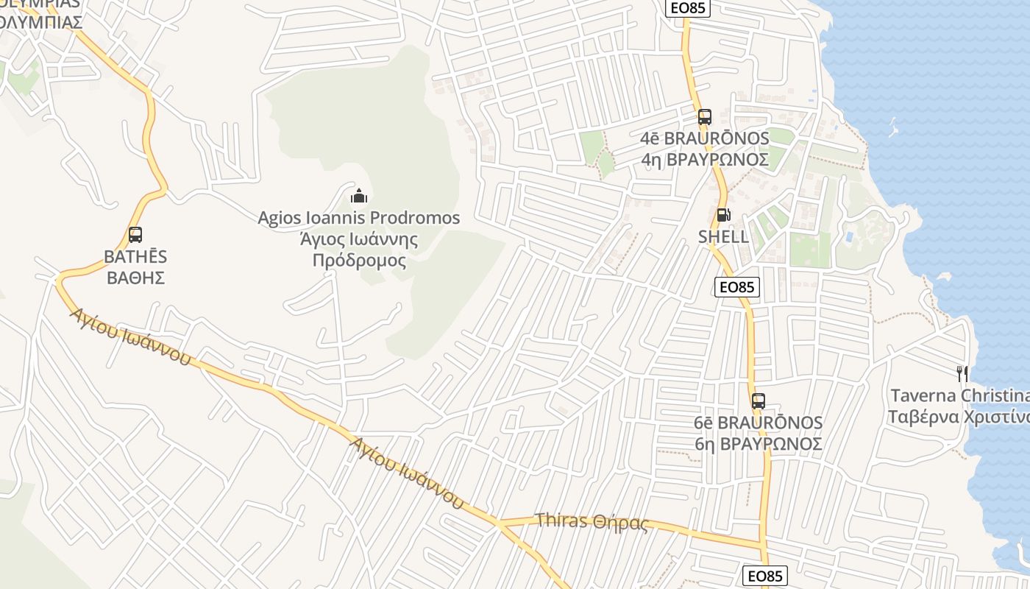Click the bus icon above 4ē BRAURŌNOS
coord(705,116)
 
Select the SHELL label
coord(723,236)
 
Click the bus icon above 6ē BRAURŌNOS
coord(759,401)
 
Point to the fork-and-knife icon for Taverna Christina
coord(962,373)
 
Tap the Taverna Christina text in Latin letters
coord(959,395)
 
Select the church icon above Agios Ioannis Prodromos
coord(359,196)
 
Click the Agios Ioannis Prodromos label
coord(359,218)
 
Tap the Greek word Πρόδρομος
coord(359,260)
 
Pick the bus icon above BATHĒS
coord(135,235)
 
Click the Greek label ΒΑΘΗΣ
coord(135,278)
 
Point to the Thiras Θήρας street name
coord(592,521)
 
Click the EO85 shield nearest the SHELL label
coord(737,287)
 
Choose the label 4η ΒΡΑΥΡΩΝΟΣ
coord(705,159)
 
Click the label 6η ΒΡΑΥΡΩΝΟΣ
coord(759,444)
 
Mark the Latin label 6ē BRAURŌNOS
coord(759,423)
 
